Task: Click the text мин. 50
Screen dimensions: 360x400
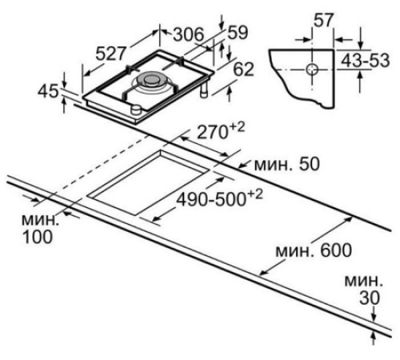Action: [287, 164]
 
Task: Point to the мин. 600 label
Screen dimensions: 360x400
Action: [314, 250]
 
